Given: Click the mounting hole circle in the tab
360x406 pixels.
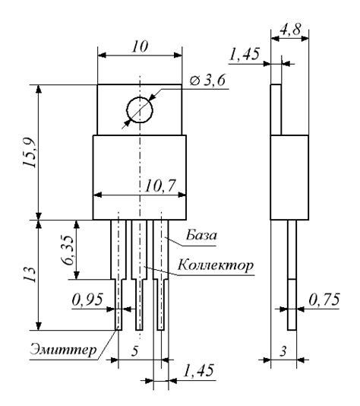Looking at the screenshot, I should pyautogui.click(x=140, y=109).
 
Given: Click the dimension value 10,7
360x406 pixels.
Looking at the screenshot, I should pyautogui.click(x=158, y=186).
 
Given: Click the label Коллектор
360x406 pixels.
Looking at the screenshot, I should pyautogui.click(x=216, y=266).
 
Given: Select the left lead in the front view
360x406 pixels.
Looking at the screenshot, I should pyautogui.click(x=118, y=289).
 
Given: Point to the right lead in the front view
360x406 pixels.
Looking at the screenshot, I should pyautogui.click(x=161, y=289).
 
